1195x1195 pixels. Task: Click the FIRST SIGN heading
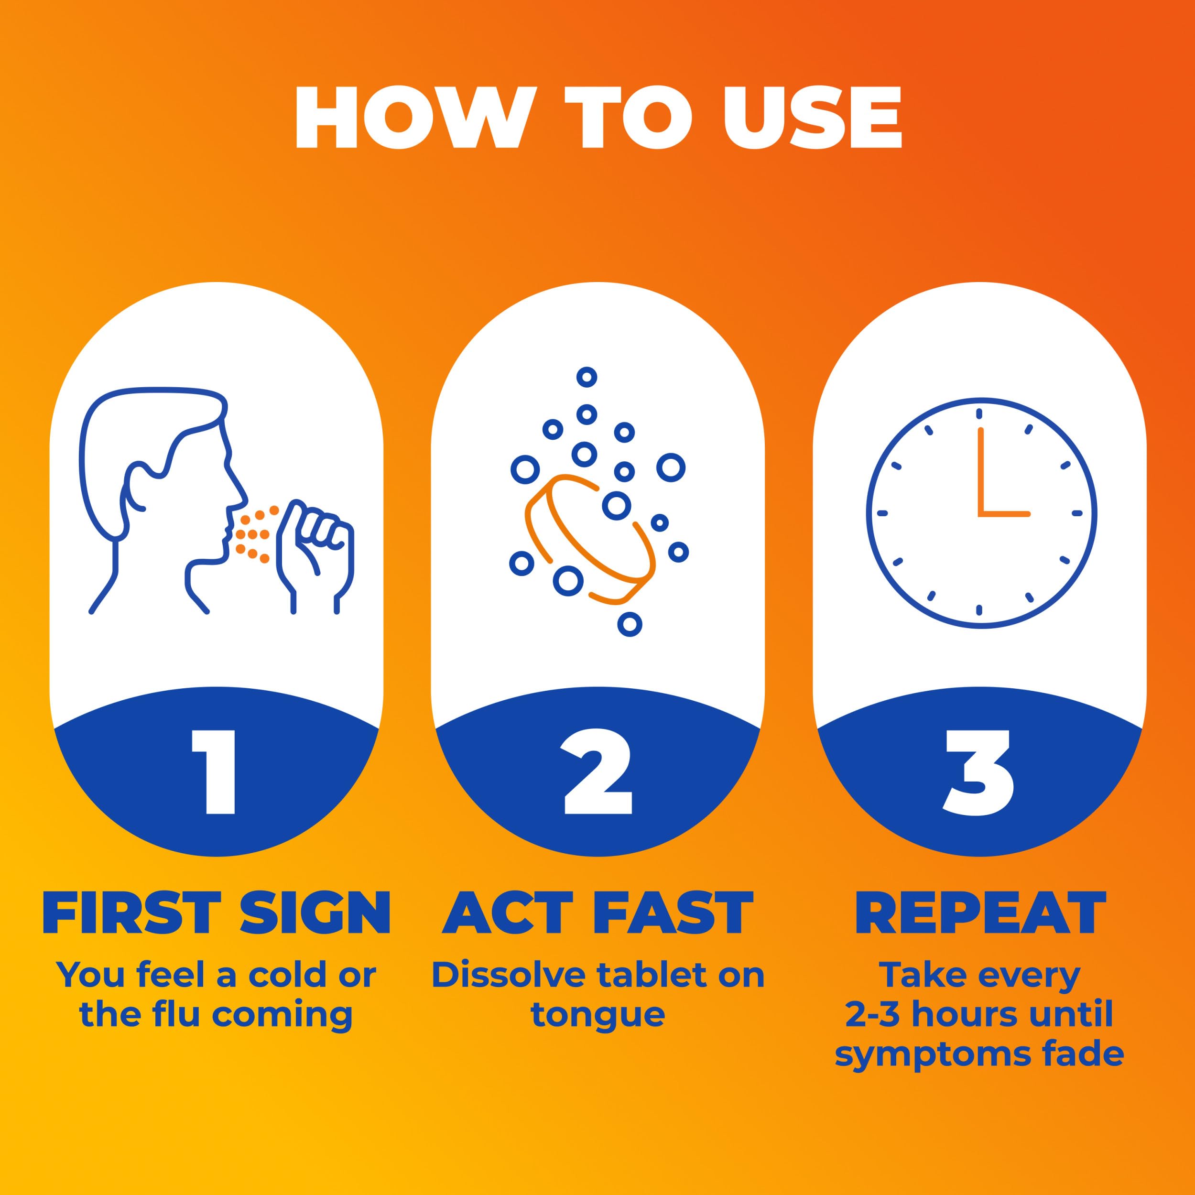(217, 913)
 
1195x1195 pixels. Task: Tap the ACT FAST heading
(598, 913)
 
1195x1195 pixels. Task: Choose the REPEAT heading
(980, 913)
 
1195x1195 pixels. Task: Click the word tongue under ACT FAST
(598, 1015)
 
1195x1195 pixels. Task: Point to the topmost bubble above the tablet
(587, 376)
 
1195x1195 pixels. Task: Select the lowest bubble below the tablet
(630, 624)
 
